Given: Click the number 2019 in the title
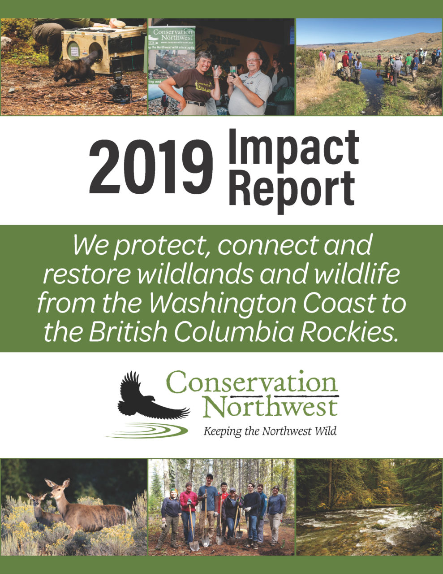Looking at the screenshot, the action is click(151, 166).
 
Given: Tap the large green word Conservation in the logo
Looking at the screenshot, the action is click(252, 382).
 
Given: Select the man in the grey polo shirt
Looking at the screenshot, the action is click(249, 84).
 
